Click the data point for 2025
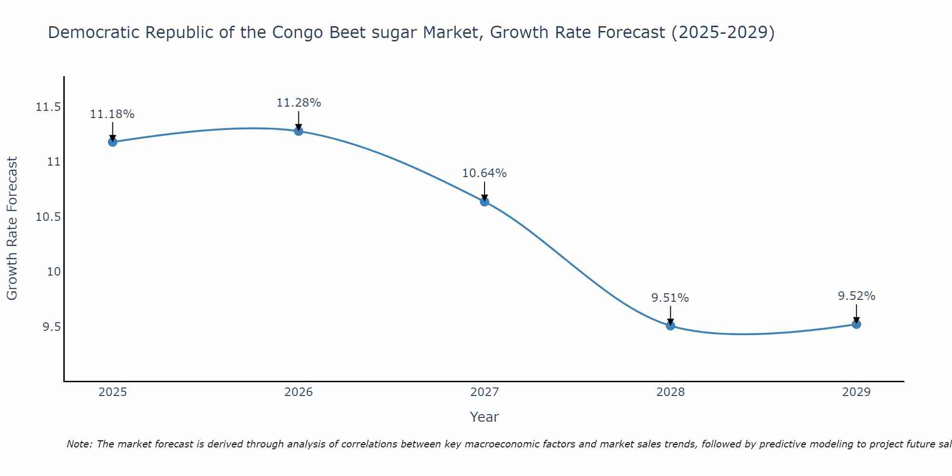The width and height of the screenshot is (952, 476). (112, 142)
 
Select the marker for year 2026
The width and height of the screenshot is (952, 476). (298, 131)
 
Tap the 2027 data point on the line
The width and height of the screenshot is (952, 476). (485, 201)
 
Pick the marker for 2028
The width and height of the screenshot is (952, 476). (670, 326)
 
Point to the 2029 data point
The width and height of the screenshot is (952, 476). (856, 324)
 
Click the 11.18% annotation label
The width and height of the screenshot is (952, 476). (112, 114)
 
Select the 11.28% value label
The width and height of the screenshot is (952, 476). (298, 103)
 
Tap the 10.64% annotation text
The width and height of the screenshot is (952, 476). (485, 173)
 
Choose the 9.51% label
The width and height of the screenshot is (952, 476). (670, 298)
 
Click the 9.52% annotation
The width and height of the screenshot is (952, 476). (856, 296)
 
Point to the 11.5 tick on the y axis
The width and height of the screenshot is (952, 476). (48, 107)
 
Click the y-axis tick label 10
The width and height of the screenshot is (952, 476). (54, 272)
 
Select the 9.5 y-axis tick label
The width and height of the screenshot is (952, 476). (51, 327)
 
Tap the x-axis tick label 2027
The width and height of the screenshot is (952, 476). (485, 392)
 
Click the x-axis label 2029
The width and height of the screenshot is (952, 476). (856, 392)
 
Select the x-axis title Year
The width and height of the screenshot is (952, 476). (485, 417)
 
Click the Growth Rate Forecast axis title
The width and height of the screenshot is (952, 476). (12, 228)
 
